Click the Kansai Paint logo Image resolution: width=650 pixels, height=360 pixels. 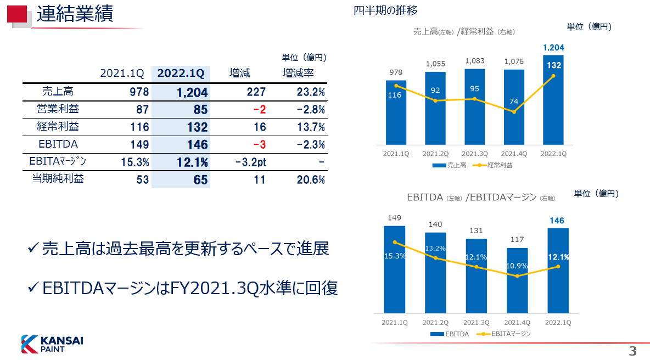pyautogui.click(x=52, y=344)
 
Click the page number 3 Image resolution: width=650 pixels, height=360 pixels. pyautogui.click(x=632, y=351)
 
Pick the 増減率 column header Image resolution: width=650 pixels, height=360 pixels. pyautogui.click(x=298, y=73)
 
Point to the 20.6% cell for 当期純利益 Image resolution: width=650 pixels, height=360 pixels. pyautogui.click(x=311, y=179)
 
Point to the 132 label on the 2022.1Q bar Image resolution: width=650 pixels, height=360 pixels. pyautogui.click(x=554, y=65)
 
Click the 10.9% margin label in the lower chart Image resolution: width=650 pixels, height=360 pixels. pyautogui.click(x=517, y=266)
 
